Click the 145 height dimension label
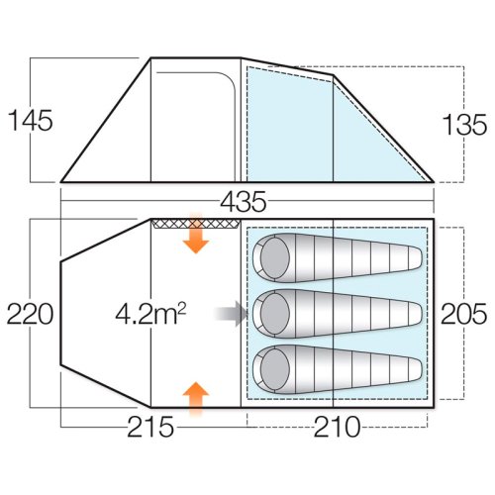click(30, 121)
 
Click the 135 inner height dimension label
click(464, 125)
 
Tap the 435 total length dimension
click(244, 202)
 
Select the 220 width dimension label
click(30, 314)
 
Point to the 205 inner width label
click(464, 314)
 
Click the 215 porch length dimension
click(150, 427)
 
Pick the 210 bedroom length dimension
click(337, 427)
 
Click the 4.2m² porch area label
click(150, 315)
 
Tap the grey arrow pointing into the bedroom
click(232, 314)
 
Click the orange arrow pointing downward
click(196, 235)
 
